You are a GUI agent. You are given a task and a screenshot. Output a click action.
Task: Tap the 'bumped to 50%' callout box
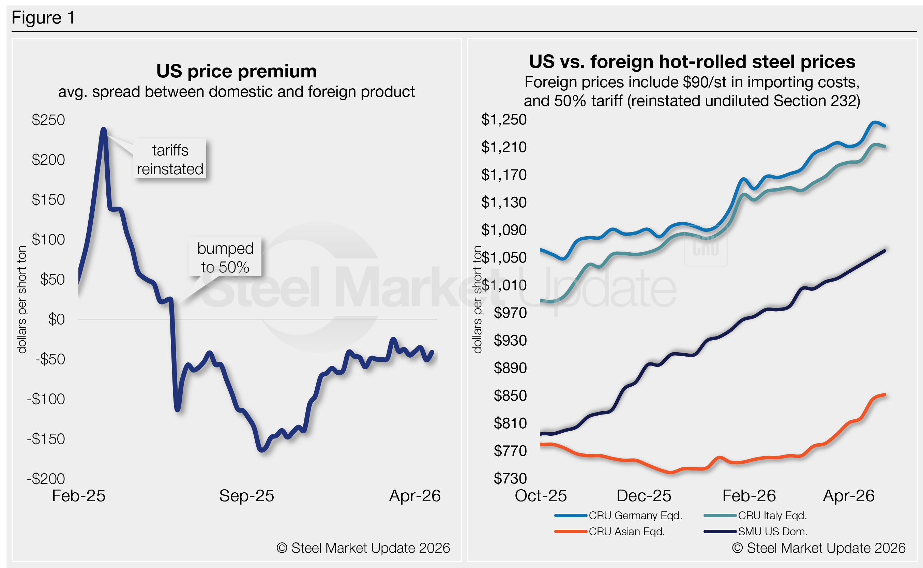coord(225,257)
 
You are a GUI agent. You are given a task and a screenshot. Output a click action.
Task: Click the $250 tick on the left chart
coord(48,120)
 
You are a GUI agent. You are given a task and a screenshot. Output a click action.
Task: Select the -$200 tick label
coord(46,479)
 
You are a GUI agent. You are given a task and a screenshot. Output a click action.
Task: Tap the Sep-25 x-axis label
coord(246,496)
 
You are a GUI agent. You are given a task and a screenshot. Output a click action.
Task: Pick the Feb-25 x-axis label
coord(78,496)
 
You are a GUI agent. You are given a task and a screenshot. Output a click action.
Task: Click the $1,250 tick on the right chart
coord(504,119)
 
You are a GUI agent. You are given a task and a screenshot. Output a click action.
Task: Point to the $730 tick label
coord(510,478)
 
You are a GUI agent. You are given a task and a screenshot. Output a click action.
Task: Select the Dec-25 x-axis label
coord(644,496)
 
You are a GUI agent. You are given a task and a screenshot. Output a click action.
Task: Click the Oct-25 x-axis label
coord(540,496)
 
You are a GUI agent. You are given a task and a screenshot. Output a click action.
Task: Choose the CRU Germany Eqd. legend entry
coord(635,515)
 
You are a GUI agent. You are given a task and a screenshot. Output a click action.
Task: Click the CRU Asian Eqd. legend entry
coord(626,532)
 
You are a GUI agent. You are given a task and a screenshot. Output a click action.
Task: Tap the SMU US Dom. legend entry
coord(772,532)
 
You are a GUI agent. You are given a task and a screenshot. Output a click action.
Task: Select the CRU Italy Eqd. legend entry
coord(772,515)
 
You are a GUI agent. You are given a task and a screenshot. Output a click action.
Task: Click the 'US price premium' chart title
coord(237,71)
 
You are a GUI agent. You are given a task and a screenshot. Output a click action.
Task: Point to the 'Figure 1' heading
coord(43,18)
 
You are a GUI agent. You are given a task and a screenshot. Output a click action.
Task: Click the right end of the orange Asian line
coord(885,395)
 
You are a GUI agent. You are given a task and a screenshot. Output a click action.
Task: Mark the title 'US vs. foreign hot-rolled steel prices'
coord(692,62)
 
